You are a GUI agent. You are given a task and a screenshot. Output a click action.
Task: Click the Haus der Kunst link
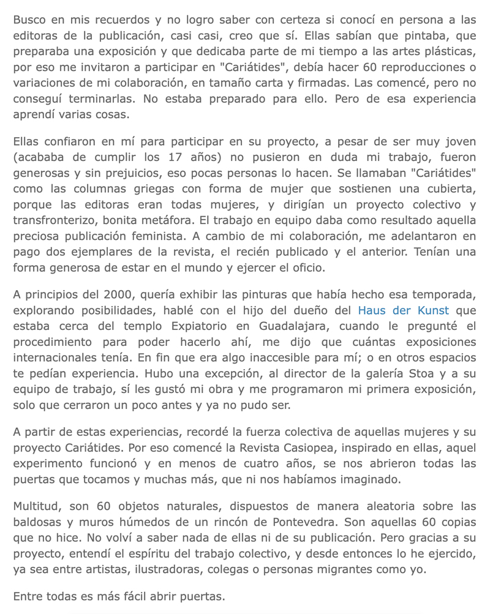[403, 310]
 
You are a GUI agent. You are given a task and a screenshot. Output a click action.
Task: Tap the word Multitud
[37, 506]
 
